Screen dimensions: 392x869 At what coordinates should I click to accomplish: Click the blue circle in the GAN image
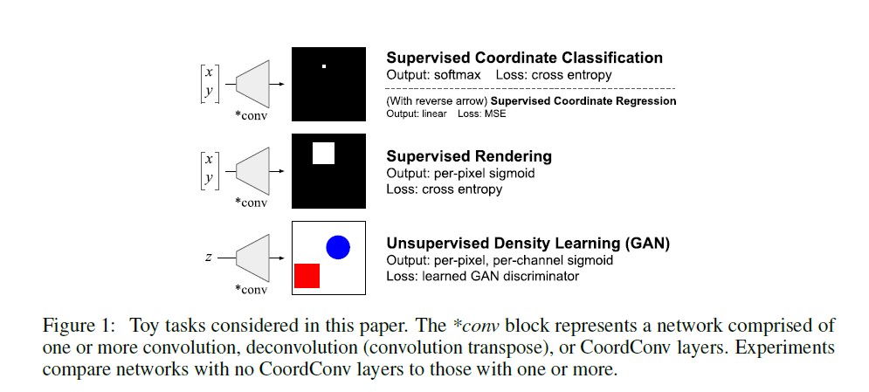(338, 247)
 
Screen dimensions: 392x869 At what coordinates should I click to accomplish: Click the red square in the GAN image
(307, 275)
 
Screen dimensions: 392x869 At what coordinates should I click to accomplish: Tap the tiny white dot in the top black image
(323, 66)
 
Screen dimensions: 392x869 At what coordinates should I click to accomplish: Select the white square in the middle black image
(323, 153)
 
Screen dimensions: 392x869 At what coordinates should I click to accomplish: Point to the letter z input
(209, 258)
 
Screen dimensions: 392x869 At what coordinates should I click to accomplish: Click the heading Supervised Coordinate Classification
(524, 58)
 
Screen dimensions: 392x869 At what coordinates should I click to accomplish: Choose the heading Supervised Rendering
(469, 156)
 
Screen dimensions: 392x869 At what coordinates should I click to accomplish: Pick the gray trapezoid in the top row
(252, 84)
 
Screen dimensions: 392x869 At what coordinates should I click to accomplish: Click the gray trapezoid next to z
(252, 258)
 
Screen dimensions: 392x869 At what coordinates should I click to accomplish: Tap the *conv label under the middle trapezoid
(252, 203)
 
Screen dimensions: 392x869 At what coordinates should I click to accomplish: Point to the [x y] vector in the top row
(209, 84)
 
